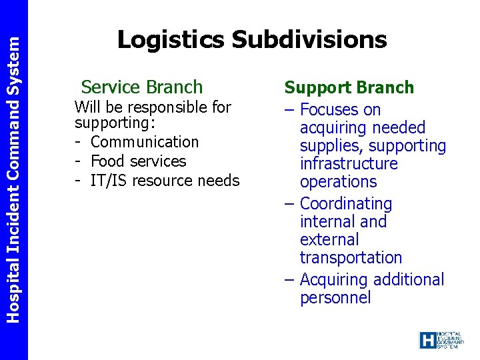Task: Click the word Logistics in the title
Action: point(171,40)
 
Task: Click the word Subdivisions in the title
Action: point(309,40)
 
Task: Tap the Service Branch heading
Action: point(141,87)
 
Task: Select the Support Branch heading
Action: point(349,87)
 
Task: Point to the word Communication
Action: point(144,142)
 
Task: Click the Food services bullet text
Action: point(138,161)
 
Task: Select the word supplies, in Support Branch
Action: point(331,145)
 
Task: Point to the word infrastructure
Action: point(349,163)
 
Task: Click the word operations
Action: point(338,181)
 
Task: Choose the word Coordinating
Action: point(346,203)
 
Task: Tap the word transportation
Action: point(351,257)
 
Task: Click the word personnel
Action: point(335,297)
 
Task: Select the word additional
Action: point(406,279)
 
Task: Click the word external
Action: point(329,239)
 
